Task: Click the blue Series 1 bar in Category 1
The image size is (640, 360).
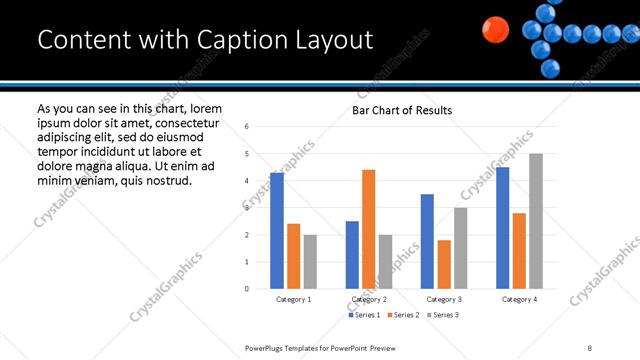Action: [277, 231]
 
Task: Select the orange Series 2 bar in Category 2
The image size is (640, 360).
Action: [369, 229]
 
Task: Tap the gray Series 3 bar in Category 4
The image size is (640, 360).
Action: [536, 221]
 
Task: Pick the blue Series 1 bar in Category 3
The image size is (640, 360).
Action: [427, 241]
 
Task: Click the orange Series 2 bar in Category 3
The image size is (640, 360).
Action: [444, 264]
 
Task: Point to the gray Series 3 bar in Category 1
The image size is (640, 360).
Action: [311, 262]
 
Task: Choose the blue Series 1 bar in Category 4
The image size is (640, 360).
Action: [502, 228]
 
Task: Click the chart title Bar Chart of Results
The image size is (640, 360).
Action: [402, 110]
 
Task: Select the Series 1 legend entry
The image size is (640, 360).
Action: [365, 315]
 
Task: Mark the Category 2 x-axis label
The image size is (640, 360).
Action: [369, 299]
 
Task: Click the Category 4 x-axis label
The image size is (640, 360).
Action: [519, 299]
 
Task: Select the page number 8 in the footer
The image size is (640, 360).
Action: [590, 347]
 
